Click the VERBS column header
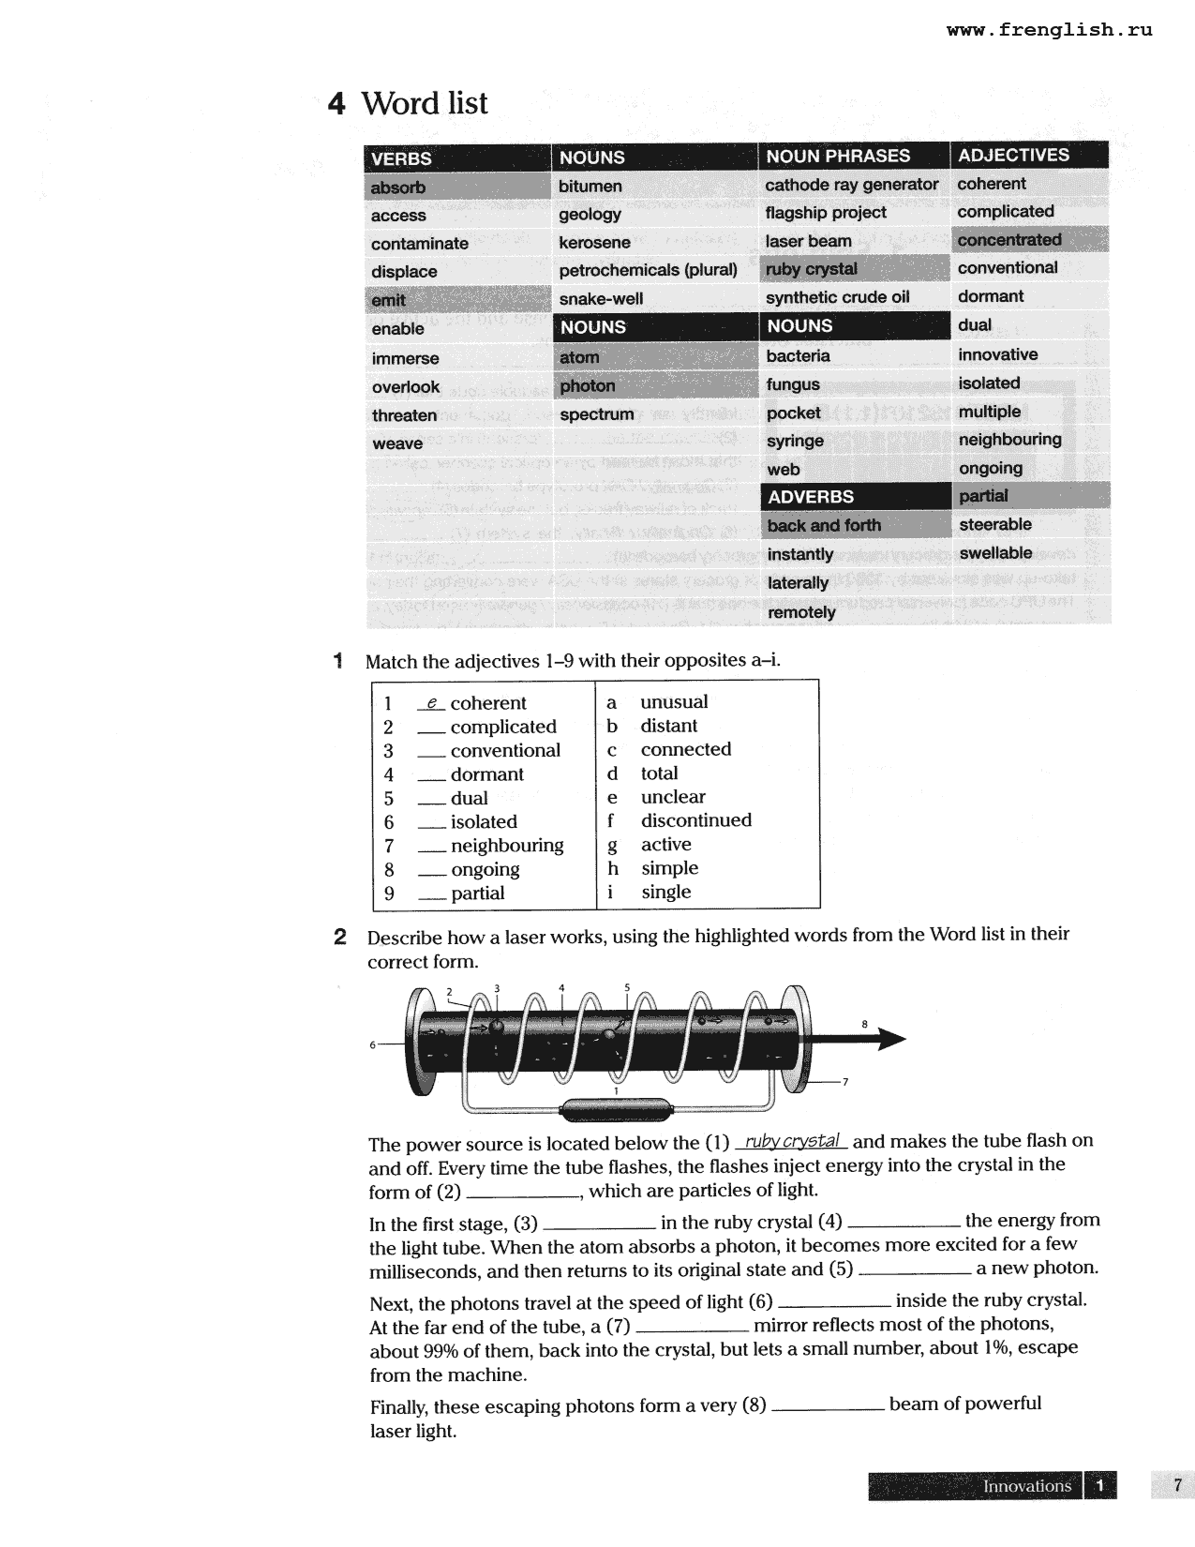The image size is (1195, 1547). [401, 158]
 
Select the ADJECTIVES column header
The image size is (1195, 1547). [1013, 156]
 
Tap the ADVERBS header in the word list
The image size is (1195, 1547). [811, 497]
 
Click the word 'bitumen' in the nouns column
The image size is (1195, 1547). [590, 187]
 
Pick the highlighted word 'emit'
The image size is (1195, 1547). [388, 300]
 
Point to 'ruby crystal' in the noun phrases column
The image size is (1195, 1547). [811, 269]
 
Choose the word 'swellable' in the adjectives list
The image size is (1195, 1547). [994, 553]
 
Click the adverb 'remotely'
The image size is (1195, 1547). [801, 612]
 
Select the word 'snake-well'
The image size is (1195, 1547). [601, 299]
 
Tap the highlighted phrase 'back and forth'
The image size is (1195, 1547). [824, 526]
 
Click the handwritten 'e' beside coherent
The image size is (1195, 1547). [431, 702]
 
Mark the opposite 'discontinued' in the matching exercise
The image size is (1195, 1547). [695, 820]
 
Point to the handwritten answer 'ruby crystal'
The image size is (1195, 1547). [792, 1141]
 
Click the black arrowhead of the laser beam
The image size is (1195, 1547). [889, 1039]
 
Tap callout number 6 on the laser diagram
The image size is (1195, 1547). [372, 1044]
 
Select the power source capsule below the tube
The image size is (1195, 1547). [616, 1111]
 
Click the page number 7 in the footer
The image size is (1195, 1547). [1177, 1485]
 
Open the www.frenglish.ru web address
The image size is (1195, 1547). [1049, 30]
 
